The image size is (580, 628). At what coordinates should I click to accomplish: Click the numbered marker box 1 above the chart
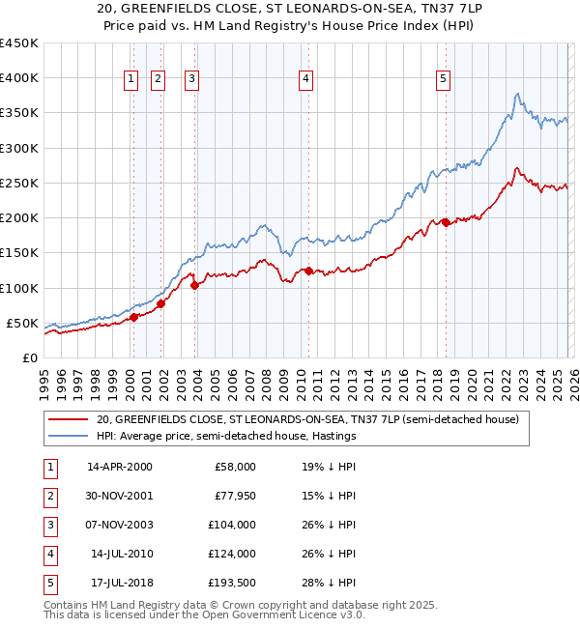tap(130, 80)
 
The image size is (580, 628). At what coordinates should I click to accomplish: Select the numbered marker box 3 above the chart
tap(192, 80)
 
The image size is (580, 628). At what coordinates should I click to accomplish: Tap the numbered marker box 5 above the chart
tap(443, 80)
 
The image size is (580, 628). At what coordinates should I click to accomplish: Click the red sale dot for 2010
tap(308, 271)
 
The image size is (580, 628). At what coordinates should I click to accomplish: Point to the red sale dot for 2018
tap(446, 222)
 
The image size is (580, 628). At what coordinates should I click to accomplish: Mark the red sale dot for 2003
tap(194, 285)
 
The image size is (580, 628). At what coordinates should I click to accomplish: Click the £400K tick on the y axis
tap(19, 78)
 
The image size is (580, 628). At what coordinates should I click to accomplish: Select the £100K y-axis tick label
tap(19, 288)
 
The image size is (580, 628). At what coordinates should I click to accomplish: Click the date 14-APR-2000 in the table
tap(120, 467)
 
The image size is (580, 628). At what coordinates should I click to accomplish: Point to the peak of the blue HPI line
tap(519, 94)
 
